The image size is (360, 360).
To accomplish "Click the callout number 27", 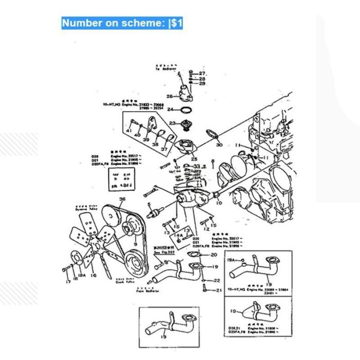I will point(202,74).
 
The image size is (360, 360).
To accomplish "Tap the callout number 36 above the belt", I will point(122,199).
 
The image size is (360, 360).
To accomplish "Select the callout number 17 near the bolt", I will point(67,282).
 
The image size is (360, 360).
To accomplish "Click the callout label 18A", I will point(75,278).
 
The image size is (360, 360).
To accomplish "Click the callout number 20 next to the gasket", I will point(214,255).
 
